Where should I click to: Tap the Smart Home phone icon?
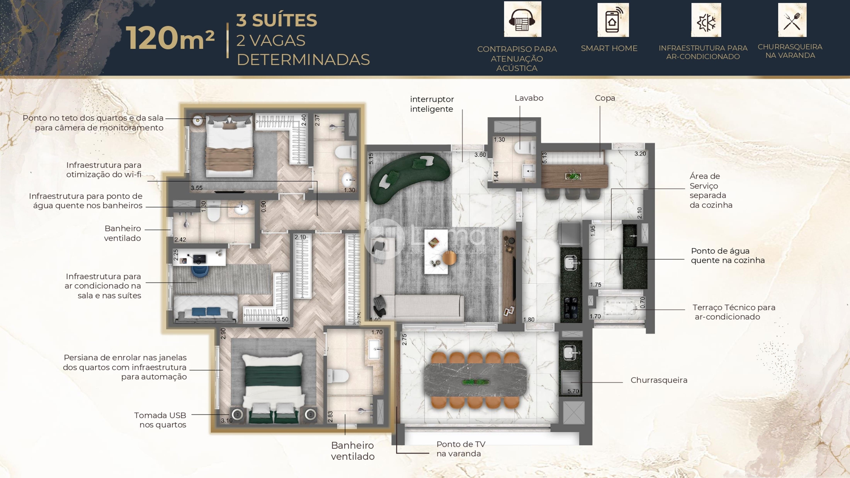[x=613, y=20]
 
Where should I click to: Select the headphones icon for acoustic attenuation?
[x=522, y=19]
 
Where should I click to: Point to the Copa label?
[x=605, y=98]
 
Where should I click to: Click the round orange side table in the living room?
[x=449, y=258]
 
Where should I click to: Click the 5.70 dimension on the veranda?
[x=573, y=391]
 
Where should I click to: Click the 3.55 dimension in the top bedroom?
[x=197, y=188]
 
